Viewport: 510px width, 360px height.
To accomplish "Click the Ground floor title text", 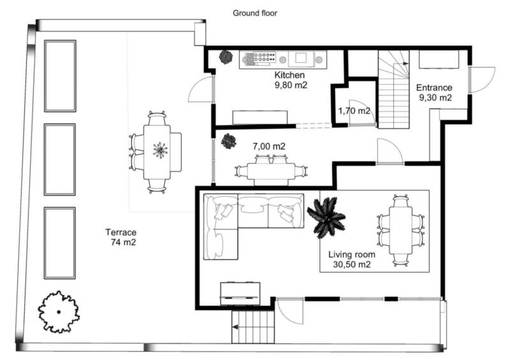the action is (x=254, y=13).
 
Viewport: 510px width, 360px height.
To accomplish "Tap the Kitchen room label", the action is (x=289, y=75).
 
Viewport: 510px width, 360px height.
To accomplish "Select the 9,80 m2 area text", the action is (x=291, y=85).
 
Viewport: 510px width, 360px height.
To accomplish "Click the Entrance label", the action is (x=434, y=87).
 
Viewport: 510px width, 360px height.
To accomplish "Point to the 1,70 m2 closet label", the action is (x=354, y=111).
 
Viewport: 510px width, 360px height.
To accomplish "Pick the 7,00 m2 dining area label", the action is (x=269, y=147).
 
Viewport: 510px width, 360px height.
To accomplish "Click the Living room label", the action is (x=352, y=254).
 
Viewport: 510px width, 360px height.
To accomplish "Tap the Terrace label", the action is (x=120, y=232).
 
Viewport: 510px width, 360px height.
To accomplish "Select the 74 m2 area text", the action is (x=123, y=242).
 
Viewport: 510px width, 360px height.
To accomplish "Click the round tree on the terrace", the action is (x=59, y=312).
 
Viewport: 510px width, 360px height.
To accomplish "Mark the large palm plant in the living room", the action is (x=326, y=217).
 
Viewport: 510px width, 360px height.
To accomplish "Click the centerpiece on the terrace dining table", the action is (x=160, y=150).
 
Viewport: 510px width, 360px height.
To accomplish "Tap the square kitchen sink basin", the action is (x=301, y=58).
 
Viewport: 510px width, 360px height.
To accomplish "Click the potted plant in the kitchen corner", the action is (x=226, y=57).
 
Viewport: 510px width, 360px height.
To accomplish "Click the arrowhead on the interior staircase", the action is (x=405, y=64).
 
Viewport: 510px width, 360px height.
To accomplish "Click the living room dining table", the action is (x=400, y=231).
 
